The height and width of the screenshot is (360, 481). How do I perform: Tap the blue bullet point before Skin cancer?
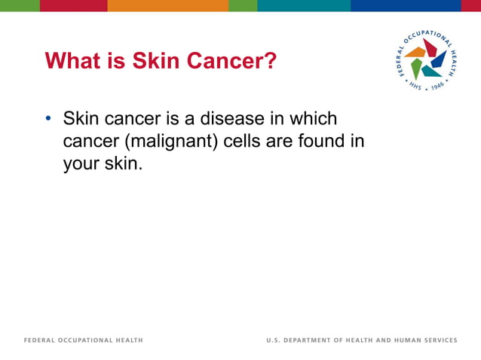click(x=48, y=120)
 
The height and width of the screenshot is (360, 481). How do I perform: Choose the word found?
click(x=320, y=141)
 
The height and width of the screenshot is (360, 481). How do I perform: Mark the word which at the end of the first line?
click(x=314, y=119)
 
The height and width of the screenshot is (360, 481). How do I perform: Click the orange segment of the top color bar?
click(x=167, y=5)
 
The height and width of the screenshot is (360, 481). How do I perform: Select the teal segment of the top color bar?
click(x=303, y=5)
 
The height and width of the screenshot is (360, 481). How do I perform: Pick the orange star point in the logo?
click(x=415, y=53)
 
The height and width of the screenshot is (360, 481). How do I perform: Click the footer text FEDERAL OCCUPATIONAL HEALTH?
click(x=84, y=340)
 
